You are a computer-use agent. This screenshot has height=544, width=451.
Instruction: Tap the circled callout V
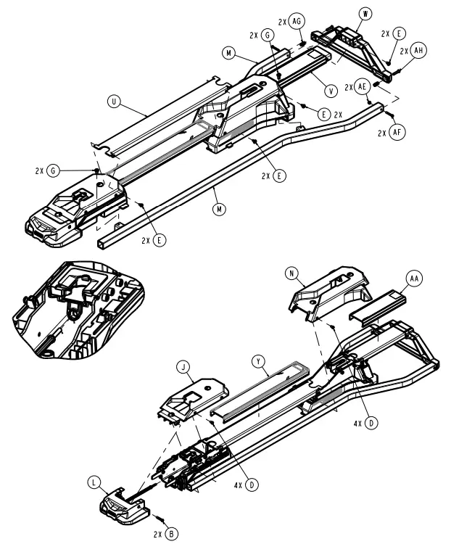331,91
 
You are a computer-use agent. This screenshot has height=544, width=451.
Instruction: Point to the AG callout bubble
296,22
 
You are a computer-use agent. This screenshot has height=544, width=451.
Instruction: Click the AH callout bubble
418,51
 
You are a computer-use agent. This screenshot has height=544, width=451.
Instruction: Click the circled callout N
292,274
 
